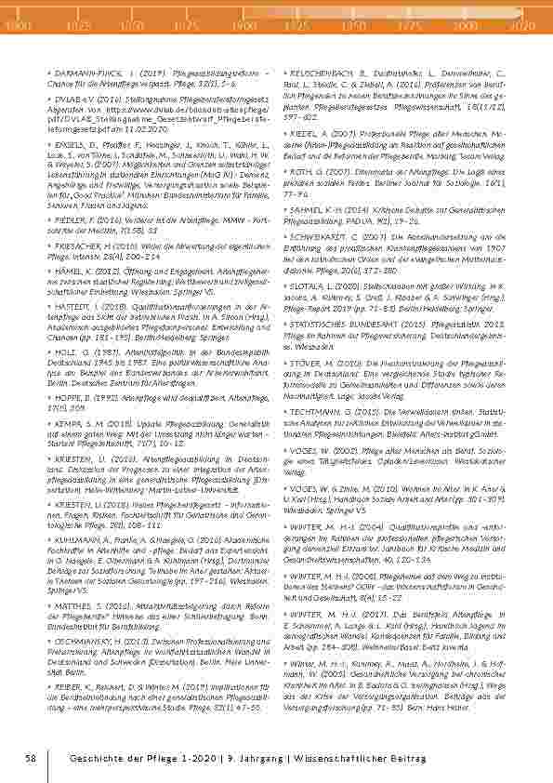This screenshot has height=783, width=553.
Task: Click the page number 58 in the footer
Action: pyautogui.click(x=31, y=760)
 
